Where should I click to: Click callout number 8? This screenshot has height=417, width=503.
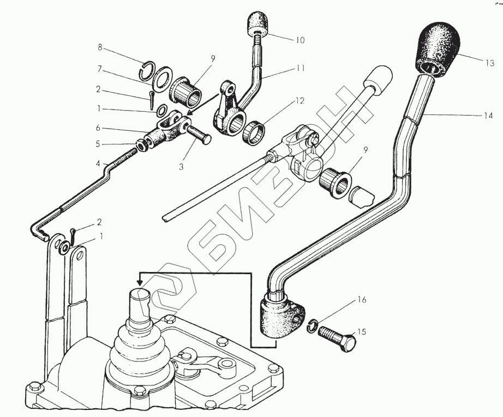pos(100,47)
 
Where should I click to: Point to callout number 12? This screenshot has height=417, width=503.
pos(300,101)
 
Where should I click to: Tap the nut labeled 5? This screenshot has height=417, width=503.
pos(141,146)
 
